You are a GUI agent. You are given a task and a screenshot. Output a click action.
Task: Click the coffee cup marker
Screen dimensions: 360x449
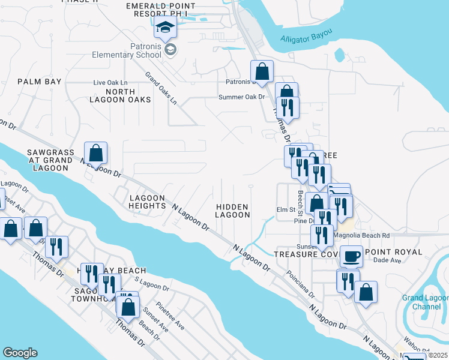coord(351,256)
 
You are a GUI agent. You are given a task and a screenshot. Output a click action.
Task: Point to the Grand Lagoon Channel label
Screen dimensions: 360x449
coord(425,302)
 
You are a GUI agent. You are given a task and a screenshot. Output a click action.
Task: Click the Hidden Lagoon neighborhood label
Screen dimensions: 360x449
coord(232,210)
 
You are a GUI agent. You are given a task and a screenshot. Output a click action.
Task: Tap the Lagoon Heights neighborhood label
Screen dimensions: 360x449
coord(147,202)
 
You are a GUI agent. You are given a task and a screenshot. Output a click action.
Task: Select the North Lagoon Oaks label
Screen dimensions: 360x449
coord(128,95)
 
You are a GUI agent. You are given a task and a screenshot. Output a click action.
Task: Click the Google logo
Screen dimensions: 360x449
coord(20,353)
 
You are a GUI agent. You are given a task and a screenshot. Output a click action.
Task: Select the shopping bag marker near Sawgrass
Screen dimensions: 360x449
coord(96,153)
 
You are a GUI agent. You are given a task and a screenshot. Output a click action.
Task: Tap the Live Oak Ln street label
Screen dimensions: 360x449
coord(110,82)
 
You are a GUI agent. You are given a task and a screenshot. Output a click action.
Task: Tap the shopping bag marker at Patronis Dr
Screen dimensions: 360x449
coord(262,72)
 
